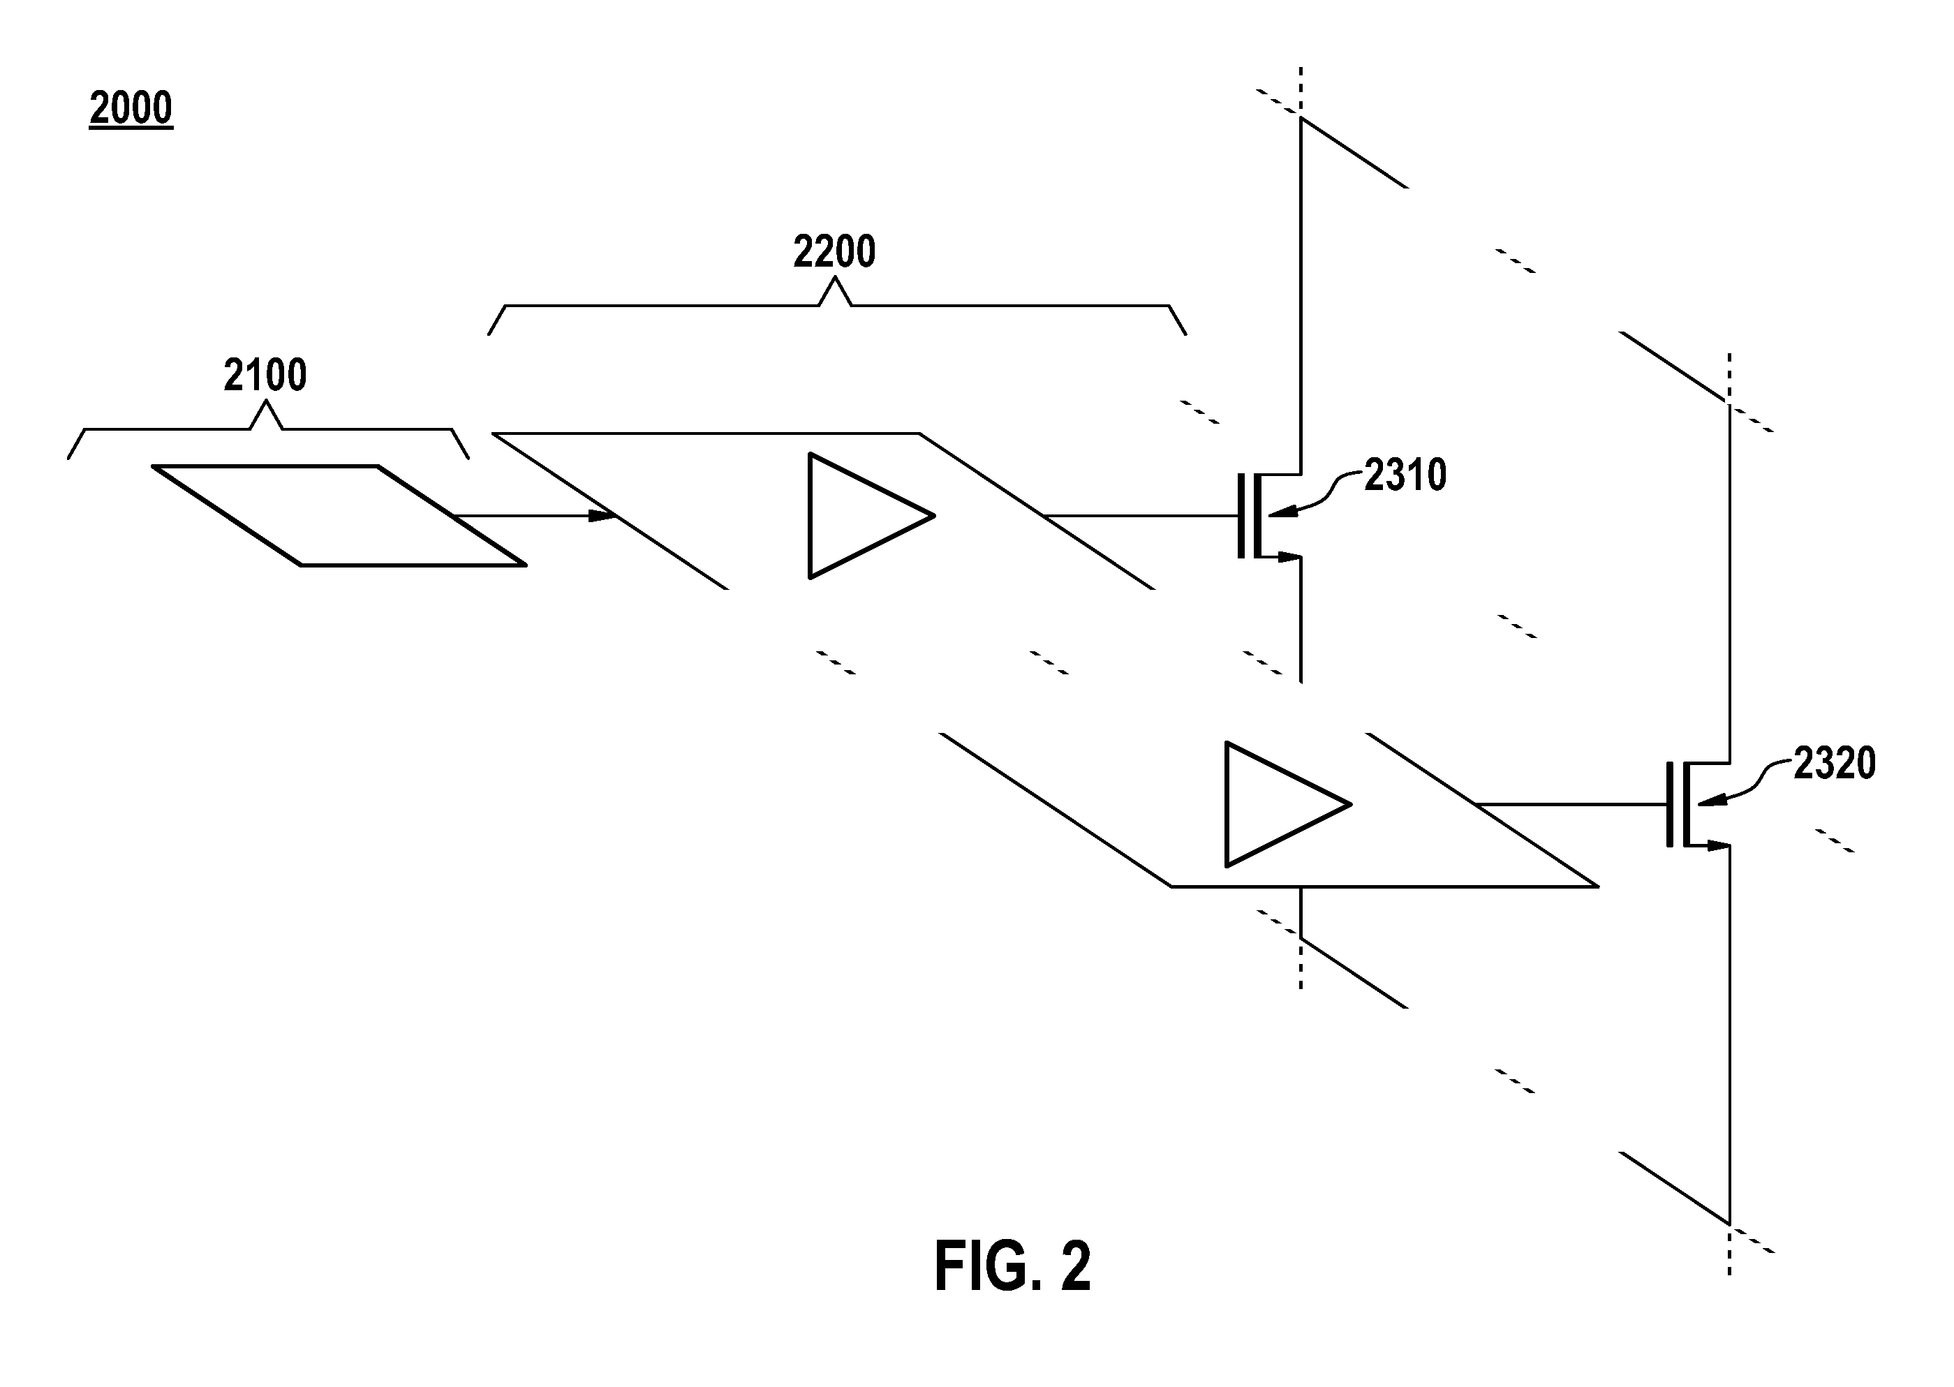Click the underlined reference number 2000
[x=131, y=108]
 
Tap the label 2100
[x=265, y=375]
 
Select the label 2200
[x=834, y=252]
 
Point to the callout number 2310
[x=1405, y=475]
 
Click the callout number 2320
[x=1835, y=764]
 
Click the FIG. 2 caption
[x=1013, y=1266]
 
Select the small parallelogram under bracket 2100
[x=339, y=515]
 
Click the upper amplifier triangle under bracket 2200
[x=871, y=516]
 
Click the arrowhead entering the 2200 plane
[x=603, y=516]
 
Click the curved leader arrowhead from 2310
[x=1280, y=512]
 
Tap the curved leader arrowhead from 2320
[x=1710, y=801]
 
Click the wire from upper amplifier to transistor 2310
[x=1140, y=516]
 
